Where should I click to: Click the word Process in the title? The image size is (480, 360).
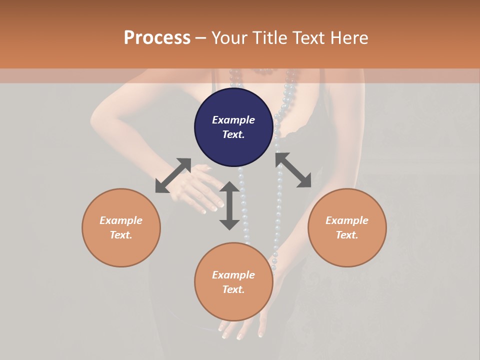(x=157, y=38)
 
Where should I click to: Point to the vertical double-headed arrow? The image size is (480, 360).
(x=229, y=205)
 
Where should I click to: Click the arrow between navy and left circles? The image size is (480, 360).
(x=173, y=175)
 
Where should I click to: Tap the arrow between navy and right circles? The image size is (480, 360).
(x=293, y=170)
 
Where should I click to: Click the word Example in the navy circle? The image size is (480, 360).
(x=233, y=120)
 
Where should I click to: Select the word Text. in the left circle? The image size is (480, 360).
(x=121, y=235)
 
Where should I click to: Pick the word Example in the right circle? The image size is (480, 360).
(x=347, y=220)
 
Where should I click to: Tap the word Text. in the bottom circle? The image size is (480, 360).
(x=233, y=289)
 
